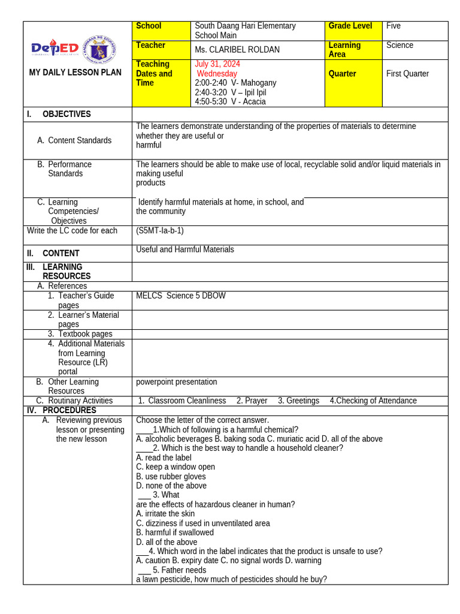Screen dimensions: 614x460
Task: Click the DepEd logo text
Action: point(55,48)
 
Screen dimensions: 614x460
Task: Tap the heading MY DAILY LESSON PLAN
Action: point(75,73)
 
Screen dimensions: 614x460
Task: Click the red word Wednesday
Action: point(217,74)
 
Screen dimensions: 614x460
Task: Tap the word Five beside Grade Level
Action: point(394,26)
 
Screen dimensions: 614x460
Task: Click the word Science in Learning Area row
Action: point(400,46)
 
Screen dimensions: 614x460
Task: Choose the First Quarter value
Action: point(407,74)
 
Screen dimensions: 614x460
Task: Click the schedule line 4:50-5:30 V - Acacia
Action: point(230,102)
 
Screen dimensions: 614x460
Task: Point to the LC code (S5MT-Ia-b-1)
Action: point(160,231)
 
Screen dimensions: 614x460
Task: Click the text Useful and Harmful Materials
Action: point(185,249)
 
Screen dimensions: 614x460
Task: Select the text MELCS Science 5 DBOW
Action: point(181,296)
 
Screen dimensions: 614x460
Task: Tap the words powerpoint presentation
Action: point(177,382)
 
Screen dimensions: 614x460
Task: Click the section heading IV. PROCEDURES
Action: point(61,411)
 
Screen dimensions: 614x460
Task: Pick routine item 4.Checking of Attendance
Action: point(373,401)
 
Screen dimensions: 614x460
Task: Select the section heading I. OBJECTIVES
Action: point(59,115)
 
